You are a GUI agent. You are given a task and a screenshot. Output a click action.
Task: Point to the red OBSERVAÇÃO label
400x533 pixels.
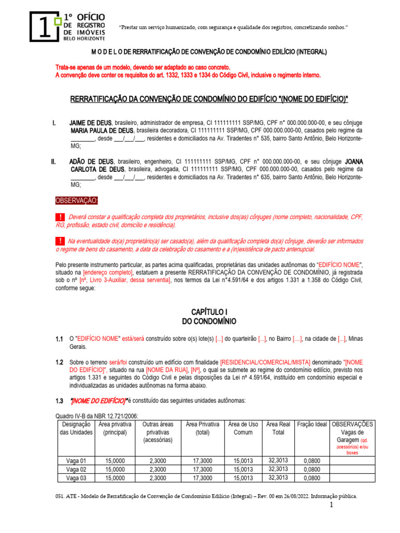click(77, 201)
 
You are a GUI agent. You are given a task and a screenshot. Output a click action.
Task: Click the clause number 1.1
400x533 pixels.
click(59, 339)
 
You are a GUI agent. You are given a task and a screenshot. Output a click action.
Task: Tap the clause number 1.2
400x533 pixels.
click(59, 362)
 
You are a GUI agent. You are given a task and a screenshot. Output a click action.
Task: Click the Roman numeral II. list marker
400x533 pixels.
click(54, 162)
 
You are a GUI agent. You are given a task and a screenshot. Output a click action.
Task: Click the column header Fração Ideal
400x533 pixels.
click(312, 425)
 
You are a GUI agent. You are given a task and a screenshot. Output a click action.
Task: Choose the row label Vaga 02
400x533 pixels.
click(76, 469)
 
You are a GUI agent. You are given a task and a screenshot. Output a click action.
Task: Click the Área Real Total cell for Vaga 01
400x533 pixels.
click(278, 460)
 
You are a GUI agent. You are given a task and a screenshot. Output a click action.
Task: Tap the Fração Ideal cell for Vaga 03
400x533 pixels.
click(312, 478)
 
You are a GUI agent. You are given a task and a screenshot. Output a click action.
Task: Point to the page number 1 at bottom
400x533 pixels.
click(330, 506)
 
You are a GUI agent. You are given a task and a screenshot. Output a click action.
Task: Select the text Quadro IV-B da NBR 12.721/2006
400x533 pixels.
click(97, 416)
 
